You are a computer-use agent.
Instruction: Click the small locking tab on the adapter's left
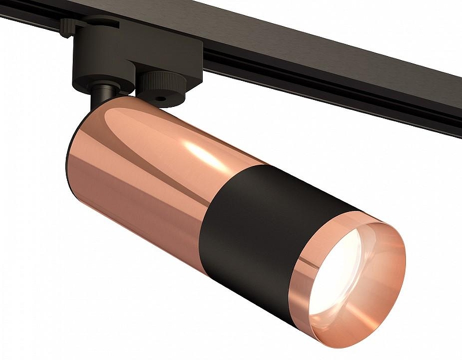[x=68, y=26]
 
